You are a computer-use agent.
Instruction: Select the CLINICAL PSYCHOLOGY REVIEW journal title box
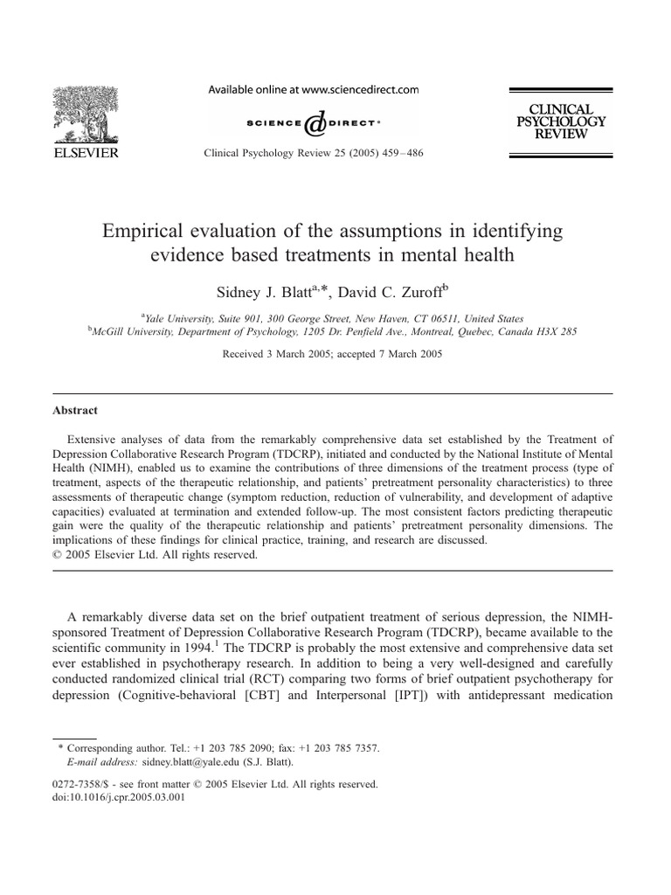pyautogui.click(x=561, y=121)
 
